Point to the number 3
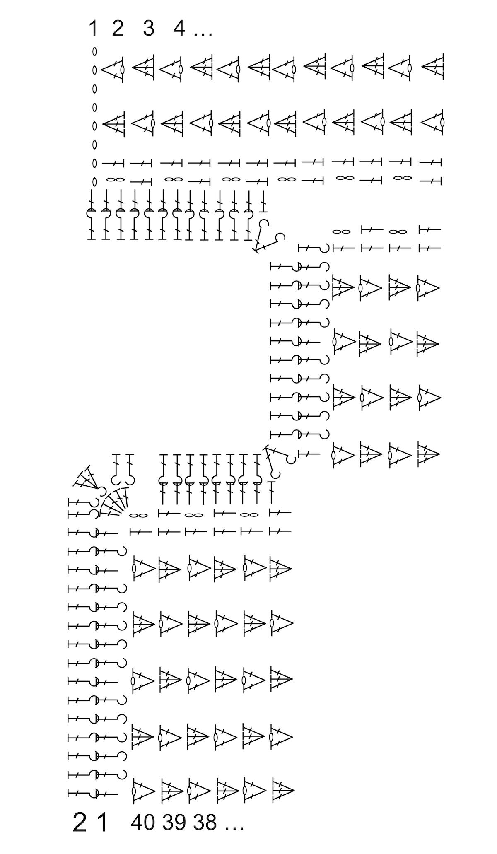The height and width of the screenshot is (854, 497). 148,28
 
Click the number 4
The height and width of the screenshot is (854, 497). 179,28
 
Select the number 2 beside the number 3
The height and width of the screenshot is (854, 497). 118,28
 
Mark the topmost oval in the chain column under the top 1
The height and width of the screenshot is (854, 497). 94,51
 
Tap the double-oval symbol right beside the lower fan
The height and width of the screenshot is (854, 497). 138,515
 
